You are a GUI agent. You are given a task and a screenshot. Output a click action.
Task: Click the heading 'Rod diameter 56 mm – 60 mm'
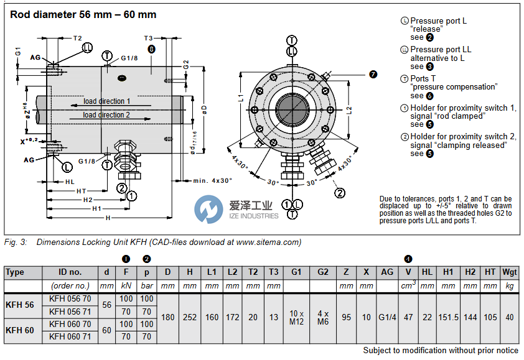(83, 14)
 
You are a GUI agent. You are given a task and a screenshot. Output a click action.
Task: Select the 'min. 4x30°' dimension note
(213, 180)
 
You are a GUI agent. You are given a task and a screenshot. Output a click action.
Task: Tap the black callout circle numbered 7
(373, 75)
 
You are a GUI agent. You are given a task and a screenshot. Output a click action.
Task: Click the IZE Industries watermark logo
(236, 209)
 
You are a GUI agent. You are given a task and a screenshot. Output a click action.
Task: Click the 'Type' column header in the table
(14, 272)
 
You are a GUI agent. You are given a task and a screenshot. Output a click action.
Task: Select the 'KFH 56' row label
(20, 305)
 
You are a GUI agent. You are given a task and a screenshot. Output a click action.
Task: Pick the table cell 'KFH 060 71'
(70, 336)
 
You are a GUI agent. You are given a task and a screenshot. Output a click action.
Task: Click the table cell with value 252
(190, 317)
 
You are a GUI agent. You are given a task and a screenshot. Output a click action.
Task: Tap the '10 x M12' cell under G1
(296, 317)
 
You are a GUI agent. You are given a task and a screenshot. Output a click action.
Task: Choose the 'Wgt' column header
(510, 272)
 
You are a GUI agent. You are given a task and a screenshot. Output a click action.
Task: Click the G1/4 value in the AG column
(386, 317)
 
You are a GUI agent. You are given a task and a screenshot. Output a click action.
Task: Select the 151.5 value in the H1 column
(447, 317)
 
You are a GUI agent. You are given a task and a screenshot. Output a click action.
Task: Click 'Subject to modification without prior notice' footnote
(441, 351)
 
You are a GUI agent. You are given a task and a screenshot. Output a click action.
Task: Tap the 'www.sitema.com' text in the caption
(269, 242)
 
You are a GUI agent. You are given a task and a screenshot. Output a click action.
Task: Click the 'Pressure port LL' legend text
(440, 50)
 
